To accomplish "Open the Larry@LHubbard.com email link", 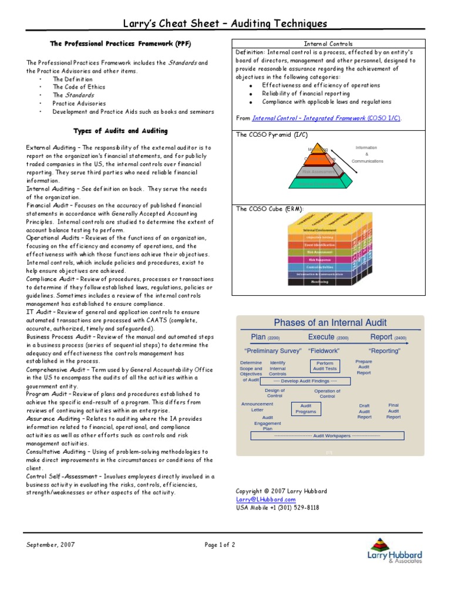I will [x=265, y=499].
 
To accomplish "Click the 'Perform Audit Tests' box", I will [x=325, y=366].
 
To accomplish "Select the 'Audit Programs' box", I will [x=305, y=408].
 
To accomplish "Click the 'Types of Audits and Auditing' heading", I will [x=120, y=131].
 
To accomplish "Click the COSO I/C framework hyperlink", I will [x=327, y=118].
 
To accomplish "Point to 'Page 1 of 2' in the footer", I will [x=220, y=545].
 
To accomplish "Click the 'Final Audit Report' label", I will [x=393, y=411].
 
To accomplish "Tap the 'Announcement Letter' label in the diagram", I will [x=257, y=407].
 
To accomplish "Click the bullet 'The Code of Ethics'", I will [x=79, y=87].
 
